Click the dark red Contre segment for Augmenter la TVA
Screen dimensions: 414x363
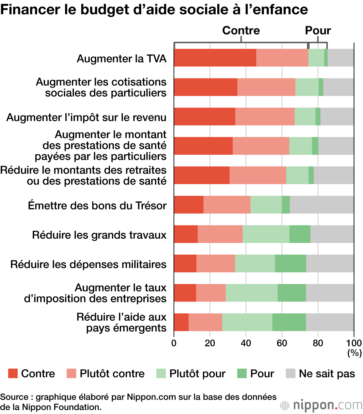(x=215, y=58)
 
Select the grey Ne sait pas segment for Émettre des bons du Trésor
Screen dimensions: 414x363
(x=322, y=204)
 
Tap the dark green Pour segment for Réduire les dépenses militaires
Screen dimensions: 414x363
(x=290, y=263)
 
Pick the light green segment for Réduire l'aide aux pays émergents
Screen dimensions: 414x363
(x=247, y=322)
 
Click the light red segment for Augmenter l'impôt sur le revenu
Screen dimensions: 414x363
(x=265, y=117)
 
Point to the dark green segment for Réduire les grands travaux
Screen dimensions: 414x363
(x=300, y=234)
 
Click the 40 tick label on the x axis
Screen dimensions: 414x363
(x=246, y=343)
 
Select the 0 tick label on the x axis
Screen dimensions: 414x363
(x=174, y=343)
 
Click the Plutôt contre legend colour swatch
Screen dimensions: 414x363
(x=72, y=373)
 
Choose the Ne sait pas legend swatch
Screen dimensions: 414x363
(x=291, y=373)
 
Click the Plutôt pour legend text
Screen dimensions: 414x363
(x=197, y=374)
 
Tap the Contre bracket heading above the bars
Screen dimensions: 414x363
(x=241, y=31)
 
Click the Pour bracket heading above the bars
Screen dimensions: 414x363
(x=318, y=31)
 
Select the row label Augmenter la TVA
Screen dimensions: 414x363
(x=122, y=58)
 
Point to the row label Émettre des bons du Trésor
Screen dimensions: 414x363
(x=97, y=206)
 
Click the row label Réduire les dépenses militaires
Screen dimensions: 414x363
(x=89, y=264)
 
